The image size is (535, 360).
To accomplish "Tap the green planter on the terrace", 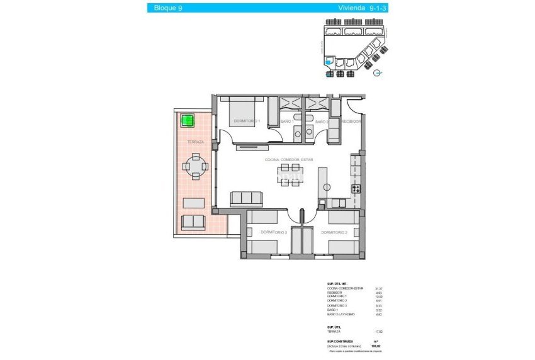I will tap(187, 120).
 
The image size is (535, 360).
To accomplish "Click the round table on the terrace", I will tap(194, 167).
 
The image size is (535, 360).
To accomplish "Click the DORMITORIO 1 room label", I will tap(247, 121).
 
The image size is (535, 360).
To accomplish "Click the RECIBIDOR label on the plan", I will tap(351, 121).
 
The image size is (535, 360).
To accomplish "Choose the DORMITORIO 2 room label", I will tap(334, 233).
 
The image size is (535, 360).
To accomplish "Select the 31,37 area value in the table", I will tap(378, 288).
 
